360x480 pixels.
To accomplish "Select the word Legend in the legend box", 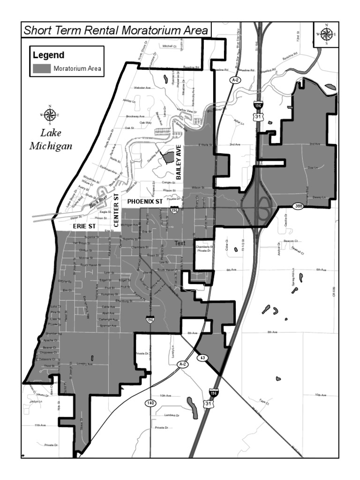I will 48,55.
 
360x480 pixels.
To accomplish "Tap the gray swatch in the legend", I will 41,69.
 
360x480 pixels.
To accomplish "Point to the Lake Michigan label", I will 51,139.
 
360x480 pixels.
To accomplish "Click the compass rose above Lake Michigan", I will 50,114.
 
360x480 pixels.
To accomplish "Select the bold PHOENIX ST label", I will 145,201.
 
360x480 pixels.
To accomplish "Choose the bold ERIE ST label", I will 84,225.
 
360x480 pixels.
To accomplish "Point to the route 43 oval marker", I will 202,358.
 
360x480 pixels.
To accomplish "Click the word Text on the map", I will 180,243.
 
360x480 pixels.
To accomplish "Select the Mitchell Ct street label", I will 168,46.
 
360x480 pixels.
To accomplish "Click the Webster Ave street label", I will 142,88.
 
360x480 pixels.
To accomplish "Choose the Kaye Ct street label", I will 263,402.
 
